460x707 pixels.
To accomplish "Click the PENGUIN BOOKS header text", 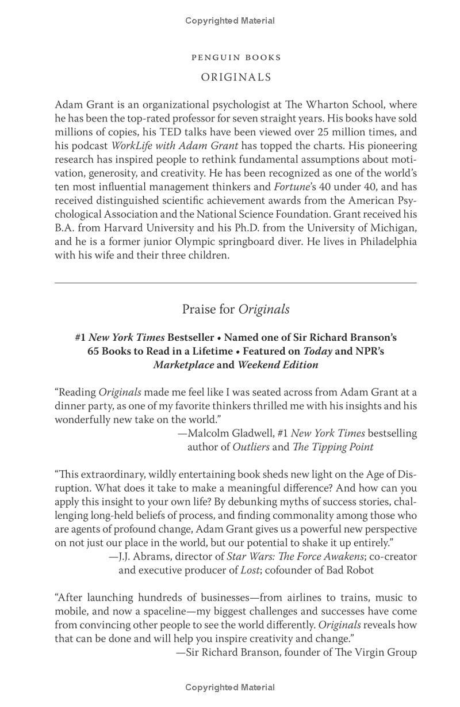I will (x=236, y=58).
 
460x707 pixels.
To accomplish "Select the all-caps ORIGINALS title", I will (x=236, y=77).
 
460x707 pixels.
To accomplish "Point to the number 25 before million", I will (x=325, y=132).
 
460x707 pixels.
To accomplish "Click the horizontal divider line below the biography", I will (x=236, y=283).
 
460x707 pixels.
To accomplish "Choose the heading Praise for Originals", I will (x=236, y=309).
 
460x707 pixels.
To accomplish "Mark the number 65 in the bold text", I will (x=93, y=351).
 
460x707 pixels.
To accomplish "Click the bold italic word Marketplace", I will (x=183, y=365).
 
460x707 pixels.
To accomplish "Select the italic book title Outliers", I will (x=251, y=447).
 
